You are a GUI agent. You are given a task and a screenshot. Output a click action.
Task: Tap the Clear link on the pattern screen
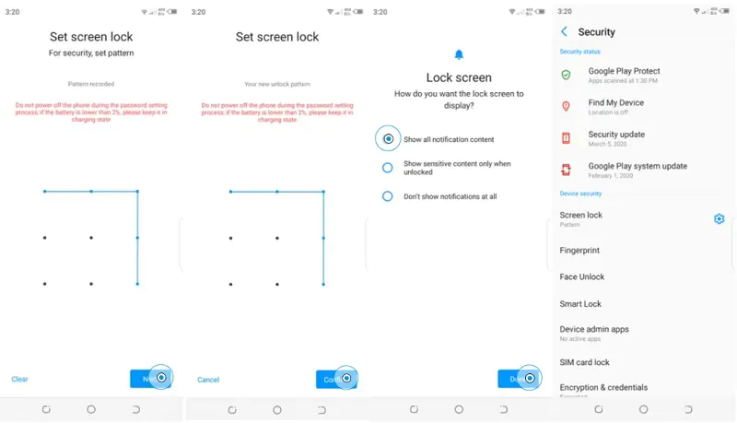pyautogui.click(x=19, y=379)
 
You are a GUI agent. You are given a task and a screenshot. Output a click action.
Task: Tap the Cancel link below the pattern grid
pyautogui.click(x=208, y=379)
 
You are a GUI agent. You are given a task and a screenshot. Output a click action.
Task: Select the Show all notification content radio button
pyautogui.click(x=388, y=139)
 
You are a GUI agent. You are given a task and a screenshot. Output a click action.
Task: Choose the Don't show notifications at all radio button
pyautogui.click(x=387, y=196)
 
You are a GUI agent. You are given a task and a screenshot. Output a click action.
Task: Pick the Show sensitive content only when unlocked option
pyautogui.click(x=387, y=168)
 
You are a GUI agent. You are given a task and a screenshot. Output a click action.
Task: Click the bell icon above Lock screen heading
pyautogui.click(x=459, y=55)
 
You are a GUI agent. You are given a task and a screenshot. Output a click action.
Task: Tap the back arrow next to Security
pyautogui.click(x=564, y=32)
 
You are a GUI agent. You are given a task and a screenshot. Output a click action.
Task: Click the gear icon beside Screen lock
pyautogui.click(x=719, y=218)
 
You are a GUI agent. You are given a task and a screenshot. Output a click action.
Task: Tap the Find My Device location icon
pyautogui.click(x=566, y=107)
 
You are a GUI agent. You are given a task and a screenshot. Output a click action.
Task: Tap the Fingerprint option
pyautogui.click(x=579, y=251)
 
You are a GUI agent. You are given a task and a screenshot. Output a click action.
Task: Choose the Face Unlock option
pyautogui.click(x=581, y=277)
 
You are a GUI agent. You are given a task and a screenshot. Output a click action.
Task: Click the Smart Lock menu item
pyautogui.click(x=580, y=304)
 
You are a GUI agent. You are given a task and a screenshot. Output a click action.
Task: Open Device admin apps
pyautogui.click(x=594, y=330)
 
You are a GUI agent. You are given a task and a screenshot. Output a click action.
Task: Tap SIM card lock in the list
pyautogui.click(x=584, y=362)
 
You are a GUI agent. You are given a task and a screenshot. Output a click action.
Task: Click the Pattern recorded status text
pyautogui.click(x=90, y=84)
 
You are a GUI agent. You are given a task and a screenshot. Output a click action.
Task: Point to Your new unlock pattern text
pyautogui.click(x=276, y=84)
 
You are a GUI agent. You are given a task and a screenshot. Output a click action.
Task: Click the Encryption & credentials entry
pyautogui.click(x=603, y=388)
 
